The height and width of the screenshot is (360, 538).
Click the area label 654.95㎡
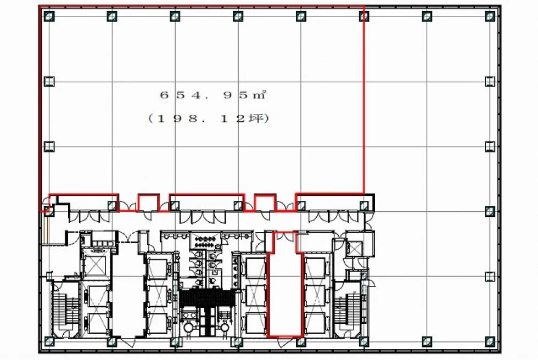(x=213, y=94)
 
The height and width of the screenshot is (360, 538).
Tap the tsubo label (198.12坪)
(x=208, y=119)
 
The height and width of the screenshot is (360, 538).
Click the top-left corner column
(x=49, y=16)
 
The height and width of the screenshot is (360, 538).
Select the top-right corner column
(x=490, y=16)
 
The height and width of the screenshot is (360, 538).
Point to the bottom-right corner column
(x=490, y=341)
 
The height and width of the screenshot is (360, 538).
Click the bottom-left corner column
(x=49, y=341)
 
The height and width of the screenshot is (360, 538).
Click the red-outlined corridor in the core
(x=285, y=285)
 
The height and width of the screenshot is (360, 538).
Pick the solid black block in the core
(x=207, y=299)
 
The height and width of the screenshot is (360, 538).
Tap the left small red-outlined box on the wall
(x=148, y=203)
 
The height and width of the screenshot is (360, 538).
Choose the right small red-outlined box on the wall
(x=265, y=203)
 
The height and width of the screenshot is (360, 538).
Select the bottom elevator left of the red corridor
(x=256, y=323)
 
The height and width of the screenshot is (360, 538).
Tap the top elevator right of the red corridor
(x=315, y=268)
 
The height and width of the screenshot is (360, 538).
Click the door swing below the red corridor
(x=285, y=342)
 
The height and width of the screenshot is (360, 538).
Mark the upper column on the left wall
(x=49, y=81)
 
